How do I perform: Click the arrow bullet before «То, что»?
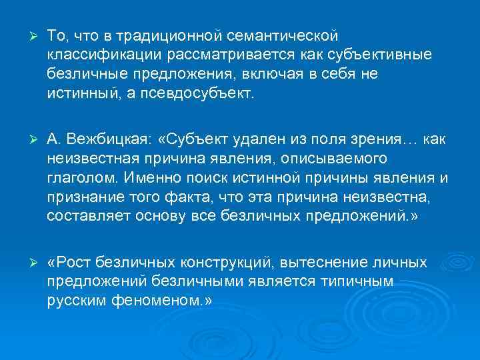28,35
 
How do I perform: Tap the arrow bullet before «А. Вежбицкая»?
28,139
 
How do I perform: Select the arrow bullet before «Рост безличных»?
28,263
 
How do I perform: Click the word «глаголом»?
79,177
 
